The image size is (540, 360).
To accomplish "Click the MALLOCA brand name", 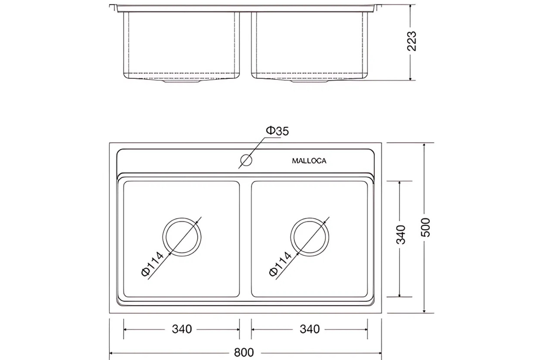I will click(309, 161).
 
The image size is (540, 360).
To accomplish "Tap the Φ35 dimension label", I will click(277, 131).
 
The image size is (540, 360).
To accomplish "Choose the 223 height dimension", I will click(411, 41).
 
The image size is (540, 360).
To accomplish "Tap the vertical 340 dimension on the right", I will click(401, 235).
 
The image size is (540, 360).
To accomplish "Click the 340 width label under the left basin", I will click(182, 329).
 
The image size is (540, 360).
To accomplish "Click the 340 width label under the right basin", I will click(310, 329).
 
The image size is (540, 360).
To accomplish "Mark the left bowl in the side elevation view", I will click(182, 45).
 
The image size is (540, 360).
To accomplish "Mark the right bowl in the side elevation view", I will click(310, 45).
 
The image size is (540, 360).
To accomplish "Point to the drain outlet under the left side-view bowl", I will click(182, 81).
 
